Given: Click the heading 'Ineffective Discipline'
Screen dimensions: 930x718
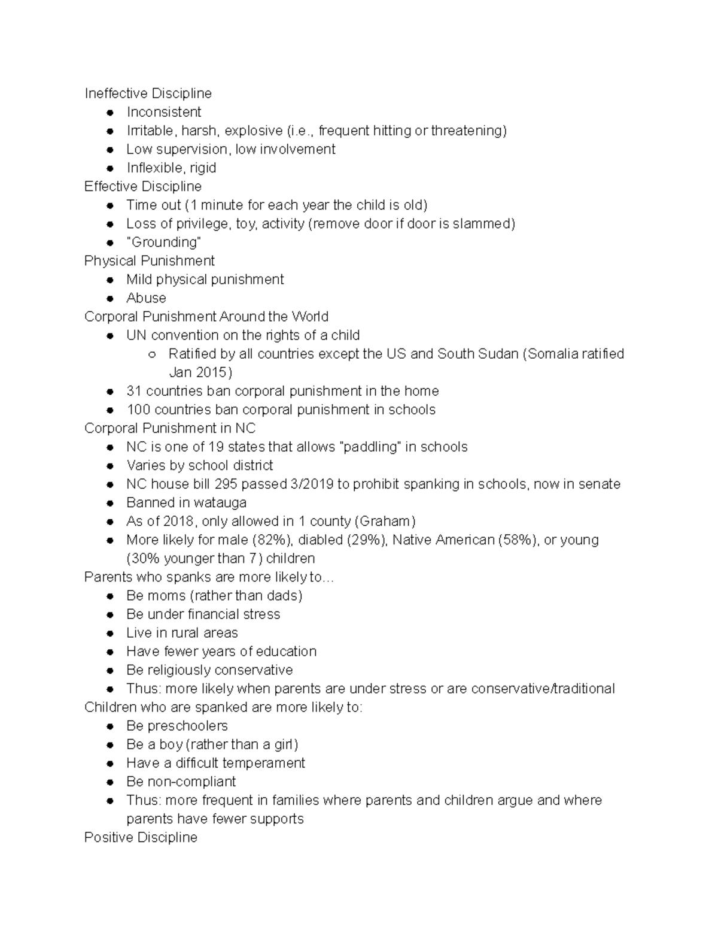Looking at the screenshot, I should click(148, 93).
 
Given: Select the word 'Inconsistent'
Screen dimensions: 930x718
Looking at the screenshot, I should click(163, 112).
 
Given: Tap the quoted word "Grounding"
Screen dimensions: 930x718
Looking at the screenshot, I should click(163, 242).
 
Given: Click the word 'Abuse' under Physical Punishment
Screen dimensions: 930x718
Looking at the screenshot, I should click(146, 298).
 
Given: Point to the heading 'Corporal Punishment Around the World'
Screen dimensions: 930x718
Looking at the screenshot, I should click(206, 316).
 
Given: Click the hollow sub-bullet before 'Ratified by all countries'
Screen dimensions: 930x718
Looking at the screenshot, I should click(152, 354).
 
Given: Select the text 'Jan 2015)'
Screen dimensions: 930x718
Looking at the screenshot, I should click(200, 372).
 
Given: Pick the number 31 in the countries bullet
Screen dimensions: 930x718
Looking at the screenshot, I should click(134, 391).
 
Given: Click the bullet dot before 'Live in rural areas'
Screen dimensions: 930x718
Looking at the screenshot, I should click(110, 633).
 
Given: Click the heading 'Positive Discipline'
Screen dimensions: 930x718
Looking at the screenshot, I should click(141, 837).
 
